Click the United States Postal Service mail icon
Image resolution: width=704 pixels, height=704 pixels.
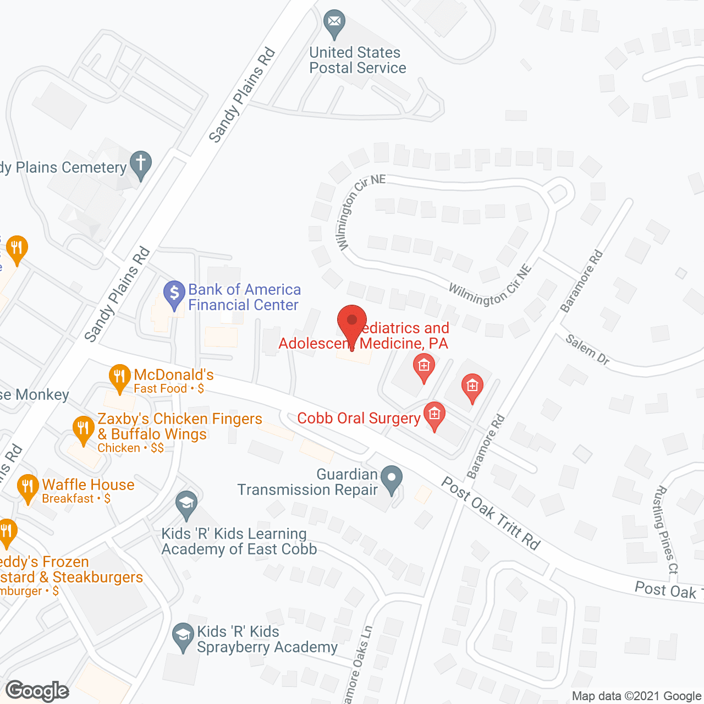point(334,23)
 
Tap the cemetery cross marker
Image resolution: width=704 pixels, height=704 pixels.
point(141,164)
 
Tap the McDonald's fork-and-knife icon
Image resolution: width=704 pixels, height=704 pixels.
point(119,377)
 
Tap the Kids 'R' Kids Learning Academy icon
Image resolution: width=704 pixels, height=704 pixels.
point(186,503)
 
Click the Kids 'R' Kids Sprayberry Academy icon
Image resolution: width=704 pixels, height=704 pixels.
point(183,636)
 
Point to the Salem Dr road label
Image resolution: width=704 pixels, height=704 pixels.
point(588,350)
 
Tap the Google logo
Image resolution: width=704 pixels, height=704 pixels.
point(37,691)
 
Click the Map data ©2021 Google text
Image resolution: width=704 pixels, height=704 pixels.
point(636,696)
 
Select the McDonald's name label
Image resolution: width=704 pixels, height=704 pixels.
point(174,375)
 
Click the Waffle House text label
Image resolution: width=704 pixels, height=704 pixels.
point(88,485)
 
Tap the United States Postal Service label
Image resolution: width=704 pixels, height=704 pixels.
point(358,60)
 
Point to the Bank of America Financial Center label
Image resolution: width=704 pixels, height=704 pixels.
point(244,297)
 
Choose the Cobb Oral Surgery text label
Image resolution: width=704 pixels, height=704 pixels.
point(359,418)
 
